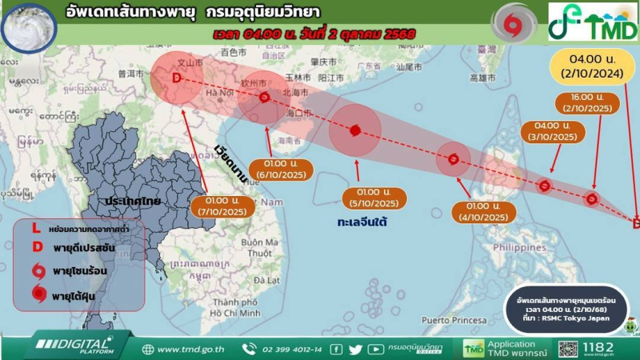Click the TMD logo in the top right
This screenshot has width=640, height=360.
pos(593,22)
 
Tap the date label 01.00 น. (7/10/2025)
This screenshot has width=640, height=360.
pos(223,206)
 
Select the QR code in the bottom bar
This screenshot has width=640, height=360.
pos(568,349)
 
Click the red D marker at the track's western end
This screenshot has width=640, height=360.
pos(177,78)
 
